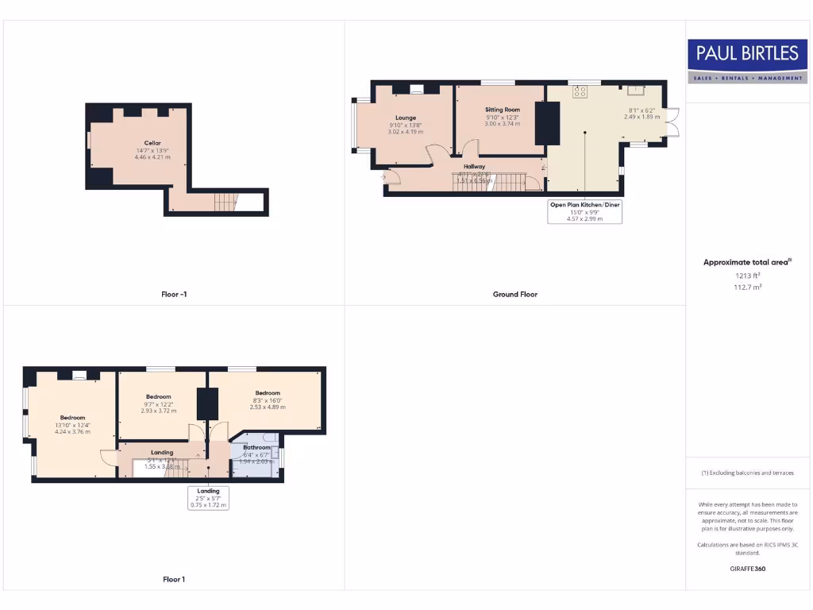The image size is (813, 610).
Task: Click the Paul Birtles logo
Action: tap(747, 61)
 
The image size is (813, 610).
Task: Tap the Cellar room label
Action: tap(152, 143)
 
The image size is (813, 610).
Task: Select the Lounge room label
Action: tap(406, 118)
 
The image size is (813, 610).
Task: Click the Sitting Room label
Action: tap(502, 110)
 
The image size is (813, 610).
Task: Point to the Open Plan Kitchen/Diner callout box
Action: tap(584, 211)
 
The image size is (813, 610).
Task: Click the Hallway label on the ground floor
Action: tap(474, 167)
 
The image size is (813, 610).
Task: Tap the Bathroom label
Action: tap(256, 447)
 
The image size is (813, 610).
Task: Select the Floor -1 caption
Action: tap(174, 294)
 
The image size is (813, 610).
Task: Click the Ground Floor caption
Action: tap(514, 294)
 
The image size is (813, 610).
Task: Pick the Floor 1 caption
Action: tap(173, 579)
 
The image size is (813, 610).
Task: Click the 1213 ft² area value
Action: tap(747, 276)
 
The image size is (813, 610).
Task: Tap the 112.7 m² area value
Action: tap(747, 288)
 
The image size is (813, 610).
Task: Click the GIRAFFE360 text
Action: tap(747, 569)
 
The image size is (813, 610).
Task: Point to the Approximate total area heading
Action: tap(747, 262)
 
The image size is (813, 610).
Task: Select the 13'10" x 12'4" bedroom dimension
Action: tap(72, 426)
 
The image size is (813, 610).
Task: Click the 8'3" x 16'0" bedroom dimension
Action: tap(268, 400)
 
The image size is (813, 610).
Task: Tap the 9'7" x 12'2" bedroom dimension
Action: tap(159, 403)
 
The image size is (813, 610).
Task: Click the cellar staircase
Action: tap(226, 203)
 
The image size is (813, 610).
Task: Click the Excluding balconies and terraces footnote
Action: tap(747, 473)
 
